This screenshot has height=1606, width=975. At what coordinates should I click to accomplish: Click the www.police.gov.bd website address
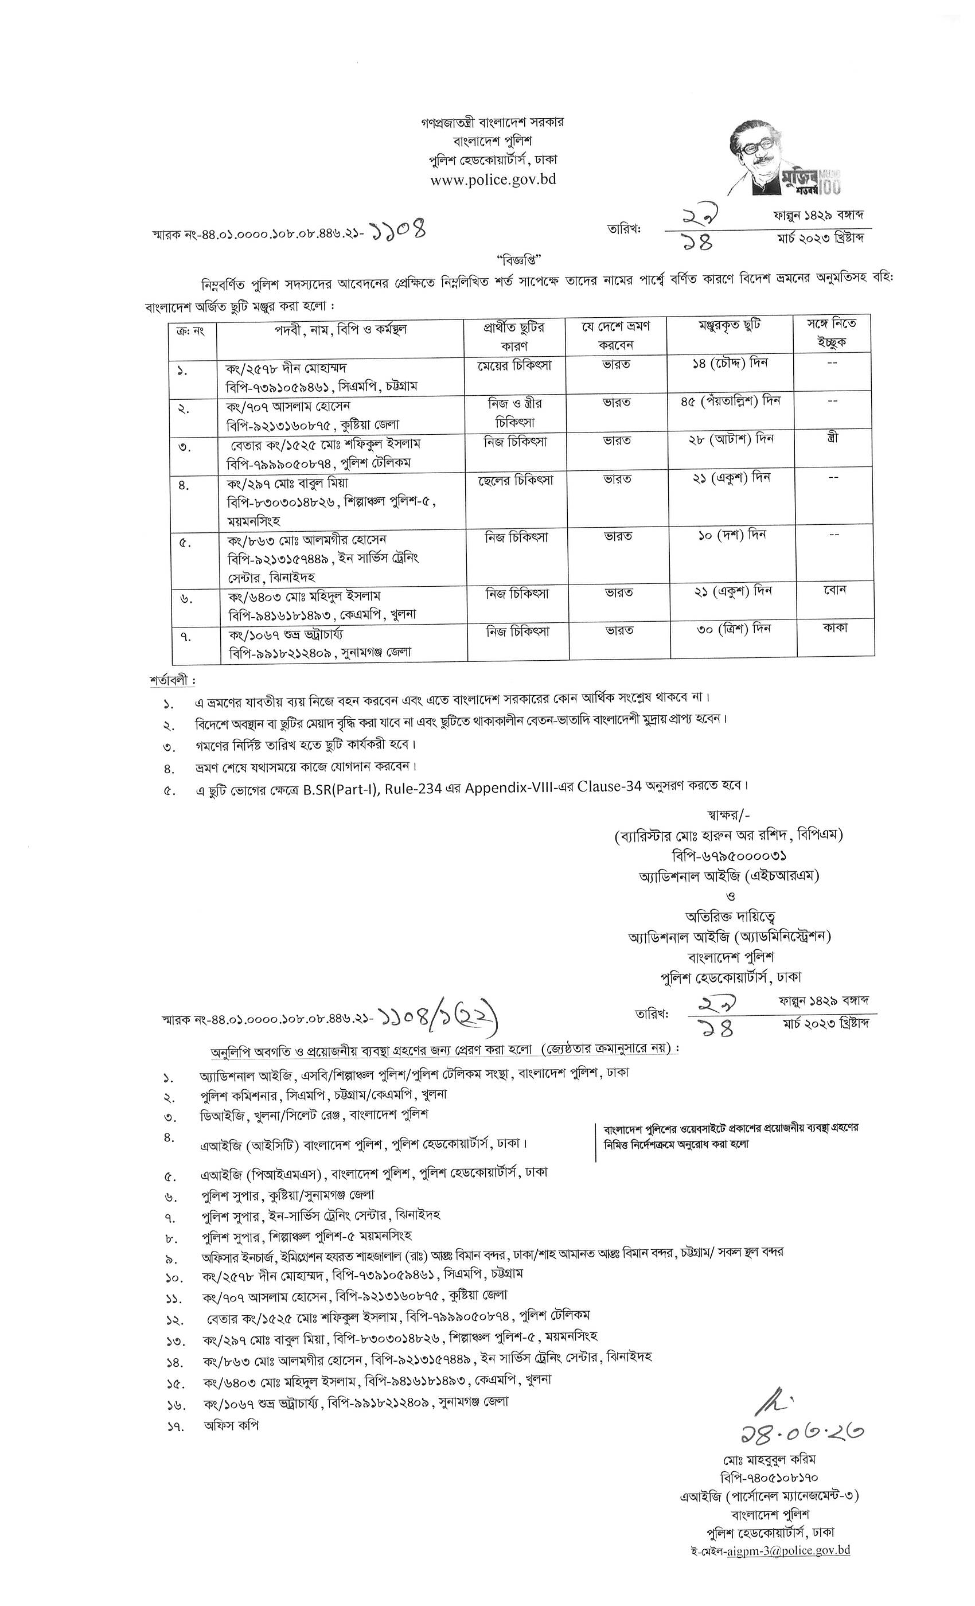493,179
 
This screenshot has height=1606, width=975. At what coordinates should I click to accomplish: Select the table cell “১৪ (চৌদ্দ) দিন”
730,364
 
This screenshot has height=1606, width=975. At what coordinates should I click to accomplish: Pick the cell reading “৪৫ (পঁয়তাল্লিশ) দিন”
730,401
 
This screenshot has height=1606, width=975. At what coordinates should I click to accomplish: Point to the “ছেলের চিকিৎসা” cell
515,480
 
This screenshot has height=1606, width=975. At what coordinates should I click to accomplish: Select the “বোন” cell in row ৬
834,590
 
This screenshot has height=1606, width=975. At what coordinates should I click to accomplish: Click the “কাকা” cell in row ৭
834,628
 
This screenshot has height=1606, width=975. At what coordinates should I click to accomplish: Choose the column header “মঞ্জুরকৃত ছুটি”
730,325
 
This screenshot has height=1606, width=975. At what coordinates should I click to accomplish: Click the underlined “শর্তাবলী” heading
171,680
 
